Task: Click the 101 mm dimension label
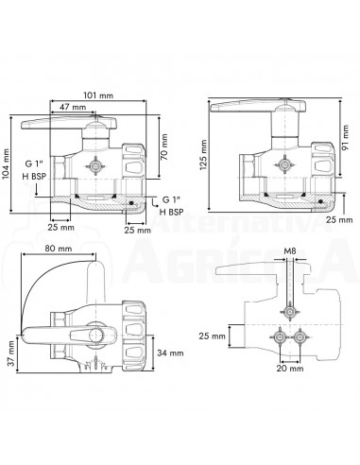click(98, 95)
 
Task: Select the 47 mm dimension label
click(73, 107)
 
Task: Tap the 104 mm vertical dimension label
click(6, 164)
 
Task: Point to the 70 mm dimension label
click(164, 147)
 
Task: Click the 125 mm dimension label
click(203, 155)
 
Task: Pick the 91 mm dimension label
click(346, 138)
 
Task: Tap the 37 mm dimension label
click(11, 353)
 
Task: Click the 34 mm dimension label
click(170, 353)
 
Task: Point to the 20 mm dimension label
click(290, 369)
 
